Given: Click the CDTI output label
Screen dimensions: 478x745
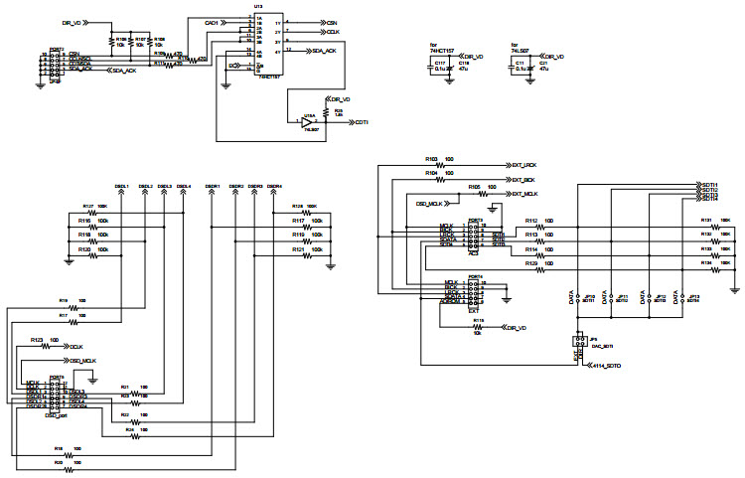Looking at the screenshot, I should tap(362, 122).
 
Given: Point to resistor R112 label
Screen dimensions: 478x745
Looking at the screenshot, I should tap(530, 220).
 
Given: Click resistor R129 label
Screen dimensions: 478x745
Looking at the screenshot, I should tap(530, 261).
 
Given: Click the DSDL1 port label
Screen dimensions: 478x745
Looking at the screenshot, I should tap(120, 186).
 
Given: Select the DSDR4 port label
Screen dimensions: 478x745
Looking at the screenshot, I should tap(273, 186).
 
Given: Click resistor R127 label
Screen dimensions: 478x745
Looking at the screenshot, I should tap(88, 206).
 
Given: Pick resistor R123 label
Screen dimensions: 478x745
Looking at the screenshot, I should tap(37, 339).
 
